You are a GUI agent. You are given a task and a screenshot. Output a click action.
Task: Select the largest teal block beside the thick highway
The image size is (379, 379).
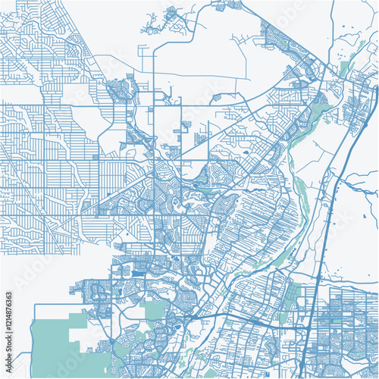[293, 293]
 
